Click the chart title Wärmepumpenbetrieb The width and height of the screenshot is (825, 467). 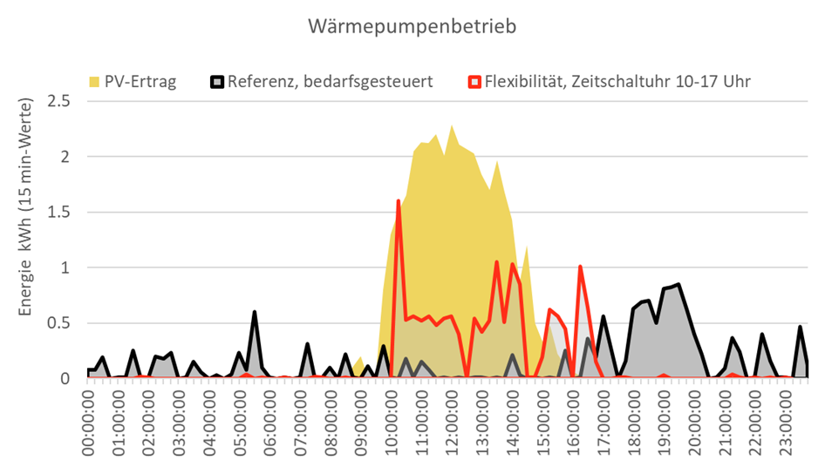point(412,26)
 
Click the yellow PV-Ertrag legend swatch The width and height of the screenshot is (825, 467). point(94,82)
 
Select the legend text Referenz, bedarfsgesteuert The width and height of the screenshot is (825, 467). point(330,82)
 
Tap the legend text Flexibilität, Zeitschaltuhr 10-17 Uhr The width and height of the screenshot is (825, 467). point(618,82)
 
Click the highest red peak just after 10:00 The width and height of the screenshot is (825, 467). point(399,201)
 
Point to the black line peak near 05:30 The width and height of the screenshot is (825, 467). point(255,312)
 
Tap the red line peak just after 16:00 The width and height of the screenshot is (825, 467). point(580,267)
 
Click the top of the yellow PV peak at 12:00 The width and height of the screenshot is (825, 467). point(452,126)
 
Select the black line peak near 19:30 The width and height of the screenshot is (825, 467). point(678,284)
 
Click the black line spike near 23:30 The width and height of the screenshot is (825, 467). point(801,327)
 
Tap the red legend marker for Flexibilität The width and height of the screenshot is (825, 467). point(475,82)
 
